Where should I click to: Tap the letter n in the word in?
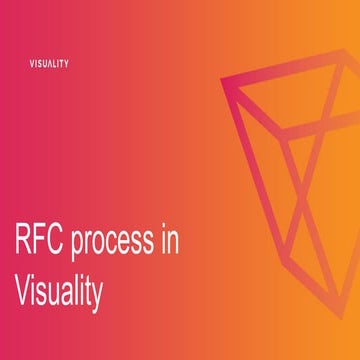(178, 245)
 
